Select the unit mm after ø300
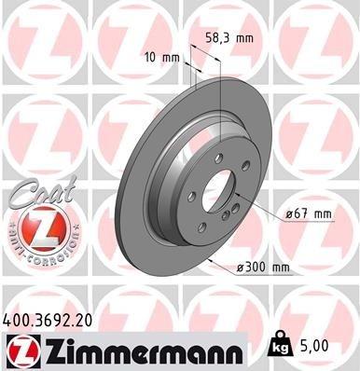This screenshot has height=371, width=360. [281, 268]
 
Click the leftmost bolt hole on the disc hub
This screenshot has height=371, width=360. [190, 196]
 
